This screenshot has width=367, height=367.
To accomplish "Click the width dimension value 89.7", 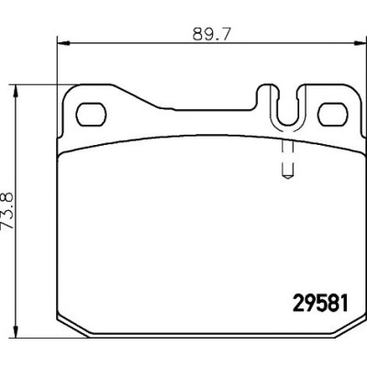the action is pos(211,35).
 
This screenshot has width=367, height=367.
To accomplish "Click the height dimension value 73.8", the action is pos(7,210).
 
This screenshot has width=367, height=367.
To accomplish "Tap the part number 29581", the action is pos(321,303).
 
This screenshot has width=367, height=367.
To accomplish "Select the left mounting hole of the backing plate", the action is pos(91,115).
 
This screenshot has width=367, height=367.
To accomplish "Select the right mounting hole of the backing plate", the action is pos(333,115).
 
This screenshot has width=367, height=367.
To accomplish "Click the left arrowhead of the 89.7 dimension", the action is pos(64,43).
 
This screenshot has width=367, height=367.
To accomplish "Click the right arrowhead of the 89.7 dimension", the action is pos(360,43).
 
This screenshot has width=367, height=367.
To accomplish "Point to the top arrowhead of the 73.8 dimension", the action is pos(16,92).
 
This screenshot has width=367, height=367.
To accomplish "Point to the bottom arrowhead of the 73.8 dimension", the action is pos(16,331).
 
